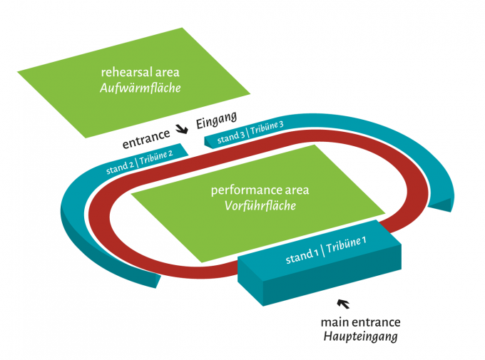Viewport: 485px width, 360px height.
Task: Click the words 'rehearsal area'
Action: [140, 72]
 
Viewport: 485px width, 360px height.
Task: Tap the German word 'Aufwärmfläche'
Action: [140, 88]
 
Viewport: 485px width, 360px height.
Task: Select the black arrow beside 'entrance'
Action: [183, 128]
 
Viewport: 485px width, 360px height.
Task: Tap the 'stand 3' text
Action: [231, 135]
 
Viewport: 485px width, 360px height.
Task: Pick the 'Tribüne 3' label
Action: [267, 128]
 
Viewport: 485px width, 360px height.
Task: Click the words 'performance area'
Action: [260, 190]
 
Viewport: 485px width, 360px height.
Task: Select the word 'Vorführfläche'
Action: [260, 206]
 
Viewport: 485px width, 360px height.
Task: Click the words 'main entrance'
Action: [360, 322]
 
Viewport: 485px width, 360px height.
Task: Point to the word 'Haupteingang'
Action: [360, 336]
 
